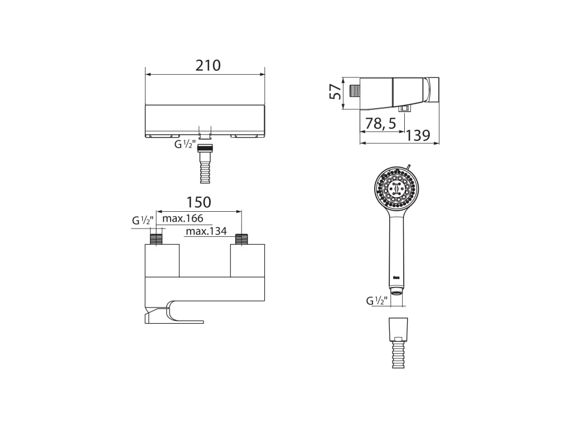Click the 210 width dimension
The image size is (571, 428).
coord(208,66)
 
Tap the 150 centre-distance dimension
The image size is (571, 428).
coord(199,202)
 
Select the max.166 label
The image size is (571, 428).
coord(182,218)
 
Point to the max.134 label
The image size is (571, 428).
coord(206,231)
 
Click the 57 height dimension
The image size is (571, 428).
coord(335,91)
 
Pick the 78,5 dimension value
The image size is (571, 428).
coord(380,123)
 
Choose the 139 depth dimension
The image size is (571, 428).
coord(418,135)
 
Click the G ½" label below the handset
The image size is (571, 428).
coord(376,301)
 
